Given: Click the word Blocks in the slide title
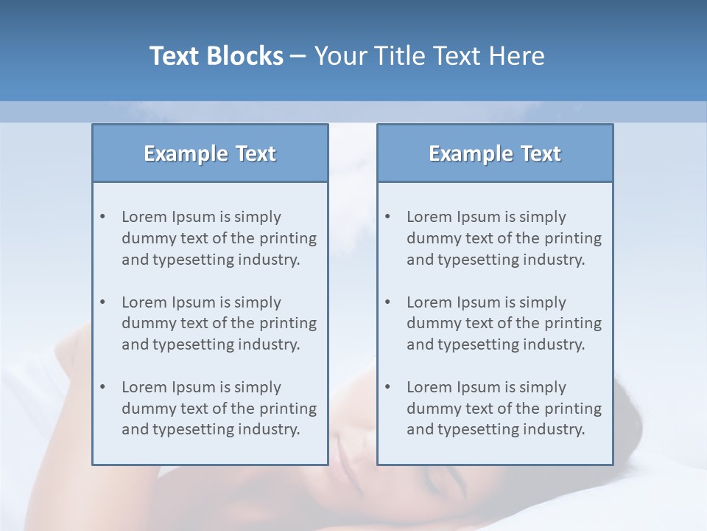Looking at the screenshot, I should click(245, 56).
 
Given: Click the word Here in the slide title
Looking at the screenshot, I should click(518, 56).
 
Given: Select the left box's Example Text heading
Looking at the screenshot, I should click(210, 153).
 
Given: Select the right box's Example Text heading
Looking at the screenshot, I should click(495, 153).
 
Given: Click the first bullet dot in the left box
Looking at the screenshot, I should click(103, 217).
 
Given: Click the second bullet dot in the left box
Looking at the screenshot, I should click(103, 302).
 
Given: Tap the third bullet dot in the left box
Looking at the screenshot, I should click(103, 387).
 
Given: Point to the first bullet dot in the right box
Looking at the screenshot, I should click(388, 217).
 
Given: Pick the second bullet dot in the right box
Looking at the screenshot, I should click(388, 302).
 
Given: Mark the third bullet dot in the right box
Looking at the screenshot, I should click(388, 387).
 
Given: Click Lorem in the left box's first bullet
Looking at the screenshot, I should click(144, 217).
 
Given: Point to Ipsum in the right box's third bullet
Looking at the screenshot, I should click(479, 387).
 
